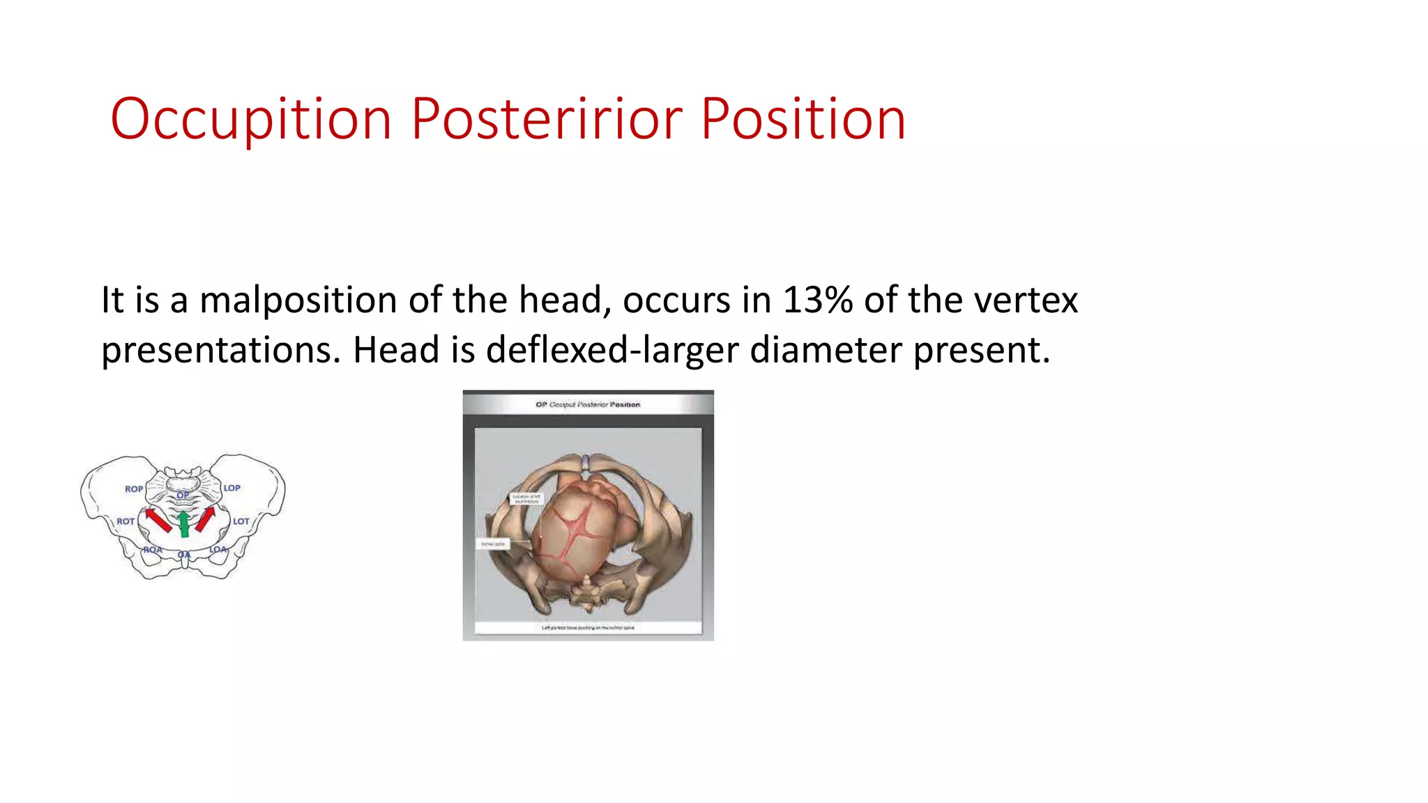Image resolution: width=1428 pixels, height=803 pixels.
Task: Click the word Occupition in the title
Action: click(251, 120)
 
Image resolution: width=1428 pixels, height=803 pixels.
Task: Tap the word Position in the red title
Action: click(803, 120)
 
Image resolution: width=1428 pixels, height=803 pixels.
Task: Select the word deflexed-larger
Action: click(612, 350)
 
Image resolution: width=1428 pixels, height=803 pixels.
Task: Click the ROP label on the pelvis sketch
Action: click(134, 489)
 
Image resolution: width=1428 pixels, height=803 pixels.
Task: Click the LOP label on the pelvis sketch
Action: click(232, 488)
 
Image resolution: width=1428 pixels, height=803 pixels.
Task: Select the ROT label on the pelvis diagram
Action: click(126, 521)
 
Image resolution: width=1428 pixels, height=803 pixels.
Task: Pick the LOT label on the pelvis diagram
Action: click(241, 521)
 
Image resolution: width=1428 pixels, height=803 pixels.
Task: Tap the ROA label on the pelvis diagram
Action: click(153, 550)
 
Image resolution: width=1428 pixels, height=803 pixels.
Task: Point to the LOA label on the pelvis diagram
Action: click(218, 549)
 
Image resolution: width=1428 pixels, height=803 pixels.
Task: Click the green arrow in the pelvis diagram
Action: click(184, 524)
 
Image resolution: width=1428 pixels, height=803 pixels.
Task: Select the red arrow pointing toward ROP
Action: click(158, 520)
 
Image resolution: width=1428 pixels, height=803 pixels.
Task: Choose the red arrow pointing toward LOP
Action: click(205, 519)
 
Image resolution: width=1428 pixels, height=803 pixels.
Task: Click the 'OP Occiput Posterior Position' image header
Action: click(588, 404)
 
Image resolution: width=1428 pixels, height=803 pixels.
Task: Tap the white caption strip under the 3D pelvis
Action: click(588, 627)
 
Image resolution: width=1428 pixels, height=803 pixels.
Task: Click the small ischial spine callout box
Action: click(493, 544)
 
